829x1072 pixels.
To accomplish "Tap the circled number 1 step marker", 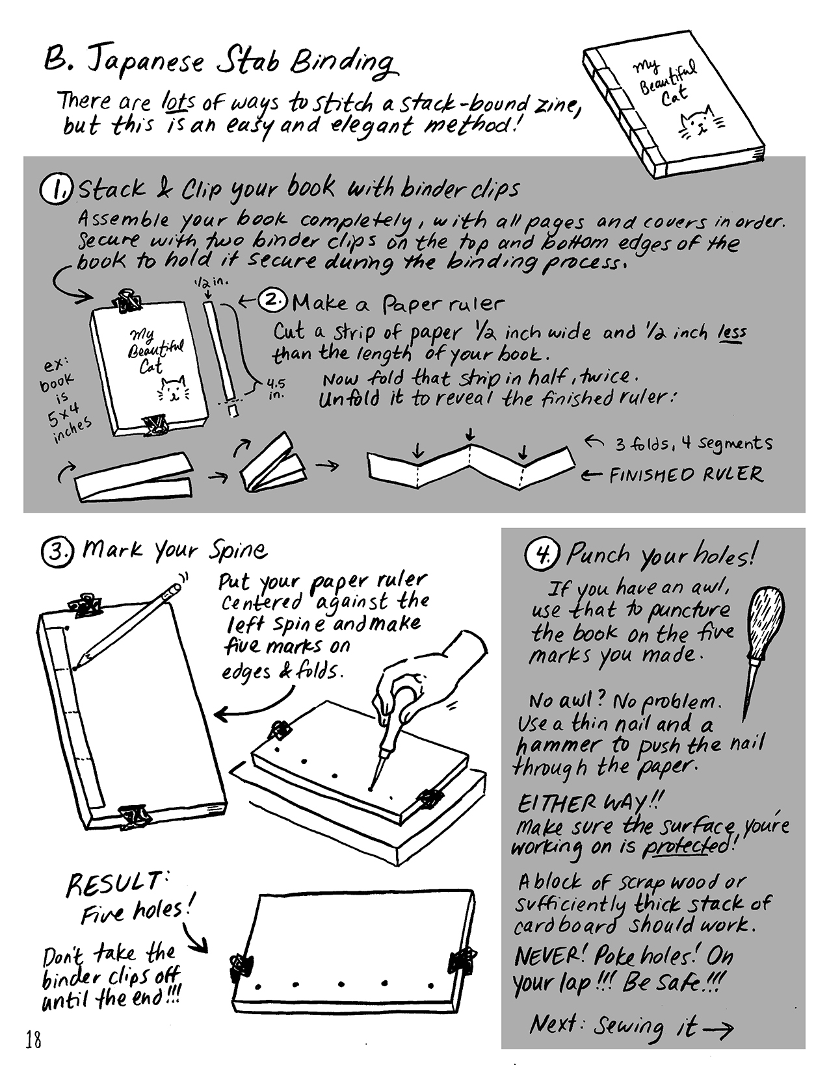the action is pyautogui.click(x=57, y=190).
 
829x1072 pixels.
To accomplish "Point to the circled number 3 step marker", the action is pyautogui.click(x=57, y=552).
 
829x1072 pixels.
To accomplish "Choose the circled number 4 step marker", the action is pyautogui.click(x=542, y=554).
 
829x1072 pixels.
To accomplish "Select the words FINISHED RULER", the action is pyautogui.click(x=687, y=474).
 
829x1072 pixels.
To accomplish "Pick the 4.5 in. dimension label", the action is pyautogui.click(x=276, y=389).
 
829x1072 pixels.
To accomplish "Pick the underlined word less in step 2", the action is pyautogui.click(x=731, y=333).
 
